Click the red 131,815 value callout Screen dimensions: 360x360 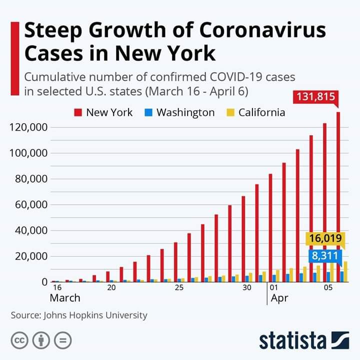click(316, 97)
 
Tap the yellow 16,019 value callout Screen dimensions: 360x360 click(324, 239)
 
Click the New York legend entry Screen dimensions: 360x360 click(104, 112)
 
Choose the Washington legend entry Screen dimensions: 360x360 click(180, 112)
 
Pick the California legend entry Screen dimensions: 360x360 click(256, 112)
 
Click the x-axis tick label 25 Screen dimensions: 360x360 click(179, 288)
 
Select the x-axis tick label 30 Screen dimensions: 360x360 click(247, 288)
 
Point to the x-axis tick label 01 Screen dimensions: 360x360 click(273, 288)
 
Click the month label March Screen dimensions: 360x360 click(65, 298)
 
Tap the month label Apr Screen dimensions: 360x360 click(279, 298)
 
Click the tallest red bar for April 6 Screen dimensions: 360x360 click(338, 200)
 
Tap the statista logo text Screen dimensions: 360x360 click(292, 340)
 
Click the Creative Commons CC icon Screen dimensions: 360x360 click(19, 340)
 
